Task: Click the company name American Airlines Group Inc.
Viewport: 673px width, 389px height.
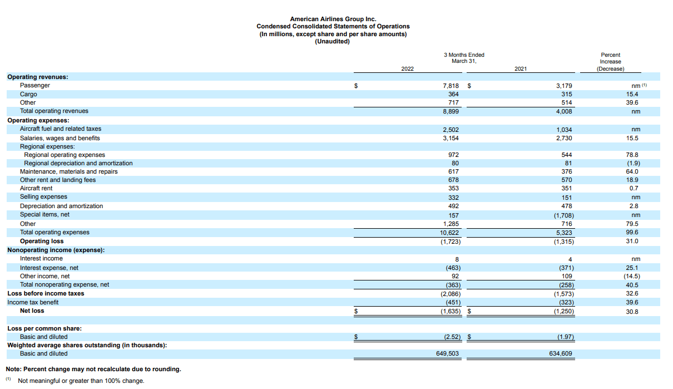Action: (333, 19)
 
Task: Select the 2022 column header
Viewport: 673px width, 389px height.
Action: (407, 69)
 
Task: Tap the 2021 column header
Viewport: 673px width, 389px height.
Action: (521, 69)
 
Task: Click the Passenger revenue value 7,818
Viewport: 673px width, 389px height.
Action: (450, 86)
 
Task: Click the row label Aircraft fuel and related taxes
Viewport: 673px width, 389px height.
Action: (61, 129)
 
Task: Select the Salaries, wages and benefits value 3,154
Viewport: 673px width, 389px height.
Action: (450, 138)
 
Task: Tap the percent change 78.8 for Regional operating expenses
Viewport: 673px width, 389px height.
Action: (632, 155)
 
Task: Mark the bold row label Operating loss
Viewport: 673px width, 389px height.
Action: (42, 242)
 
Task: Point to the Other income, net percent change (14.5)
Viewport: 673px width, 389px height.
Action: (632, 276)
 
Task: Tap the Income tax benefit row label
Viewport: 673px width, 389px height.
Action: (33, 302)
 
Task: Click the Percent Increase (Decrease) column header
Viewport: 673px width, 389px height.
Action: (610, 62)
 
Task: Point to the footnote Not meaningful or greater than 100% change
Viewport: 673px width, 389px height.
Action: (81, 381)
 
